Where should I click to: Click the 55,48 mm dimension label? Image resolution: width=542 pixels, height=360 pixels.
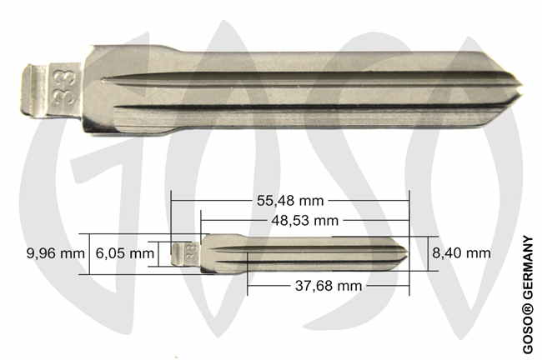tap(290, 201)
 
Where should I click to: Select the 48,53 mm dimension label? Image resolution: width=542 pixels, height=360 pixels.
tap(304, 221)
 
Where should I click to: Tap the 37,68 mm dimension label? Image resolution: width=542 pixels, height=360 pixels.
tap(329, 286)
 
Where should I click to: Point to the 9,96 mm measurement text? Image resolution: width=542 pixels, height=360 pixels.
tap(56, 253)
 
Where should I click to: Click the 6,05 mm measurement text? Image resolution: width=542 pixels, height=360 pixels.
tap(125, 253)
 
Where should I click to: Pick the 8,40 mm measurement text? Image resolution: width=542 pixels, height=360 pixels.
tap(461, 253)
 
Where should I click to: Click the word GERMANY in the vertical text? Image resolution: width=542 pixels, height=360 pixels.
tap(528, 267)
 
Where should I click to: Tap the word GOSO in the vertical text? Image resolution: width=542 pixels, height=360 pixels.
tap(528, 333)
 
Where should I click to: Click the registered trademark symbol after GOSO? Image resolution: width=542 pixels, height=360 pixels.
tap(528, 306)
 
